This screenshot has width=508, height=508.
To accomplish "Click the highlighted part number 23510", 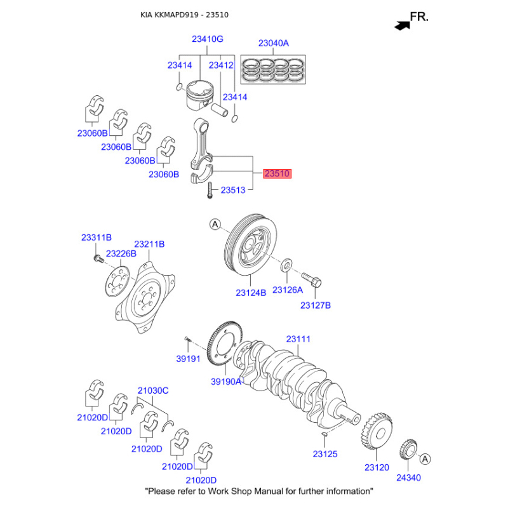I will tap(277, 173).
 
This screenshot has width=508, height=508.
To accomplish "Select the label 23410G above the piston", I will tap(208, 39).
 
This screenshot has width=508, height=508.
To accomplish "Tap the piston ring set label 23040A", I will tap(273, 44).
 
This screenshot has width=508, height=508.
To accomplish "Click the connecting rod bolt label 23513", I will tap(233, 189).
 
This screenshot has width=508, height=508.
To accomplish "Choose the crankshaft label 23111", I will tap(298, 339).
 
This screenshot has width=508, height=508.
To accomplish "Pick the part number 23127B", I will tap(316, 305).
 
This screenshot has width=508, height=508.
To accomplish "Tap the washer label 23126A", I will tap(288, 290).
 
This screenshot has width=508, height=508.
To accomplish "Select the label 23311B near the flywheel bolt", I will tap(96, 237).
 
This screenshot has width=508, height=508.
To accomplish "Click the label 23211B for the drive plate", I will tap(149, 244).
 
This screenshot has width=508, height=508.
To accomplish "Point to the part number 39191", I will tap(188, 359).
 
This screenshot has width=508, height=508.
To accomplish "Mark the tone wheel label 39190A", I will tap(227, 382).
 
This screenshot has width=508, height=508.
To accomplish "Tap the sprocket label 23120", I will tap(377, 467).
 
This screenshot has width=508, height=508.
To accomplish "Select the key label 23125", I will tap(325, 454).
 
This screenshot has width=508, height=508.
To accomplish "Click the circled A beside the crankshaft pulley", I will tap(215, 224).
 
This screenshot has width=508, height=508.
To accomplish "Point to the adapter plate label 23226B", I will tap(121, 254).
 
